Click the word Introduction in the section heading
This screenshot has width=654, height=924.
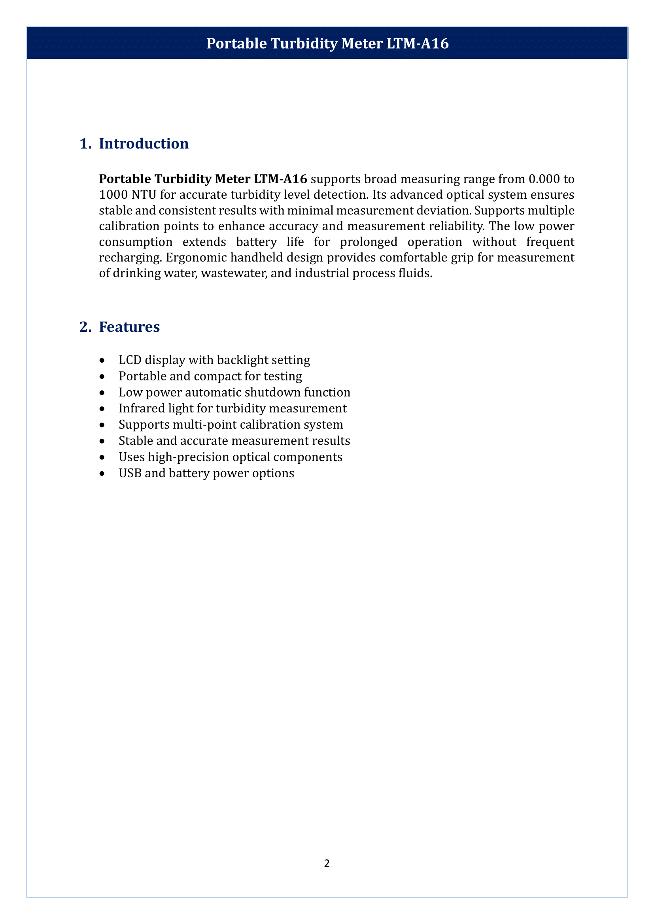click(144, 144)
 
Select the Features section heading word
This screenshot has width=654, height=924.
click(129, 327)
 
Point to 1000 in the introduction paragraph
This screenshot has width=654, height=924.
click(113, 195)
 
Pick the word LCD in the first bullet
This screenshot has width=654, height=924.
click(130, 360)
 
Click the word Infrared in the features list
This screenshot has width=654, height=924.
click(136, 408)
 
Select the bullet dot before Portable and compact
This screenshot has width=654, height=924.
click(102, 377)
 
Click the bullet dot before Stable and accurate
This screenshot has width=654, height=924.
click(102, 442)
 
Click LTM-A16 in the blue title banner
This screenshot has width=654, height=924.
click(418, 43)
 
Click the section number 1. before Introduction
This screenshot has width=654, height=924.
click(85, 144)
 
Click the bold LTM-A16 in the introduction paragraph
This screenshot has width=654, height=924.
click(280, 179)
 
